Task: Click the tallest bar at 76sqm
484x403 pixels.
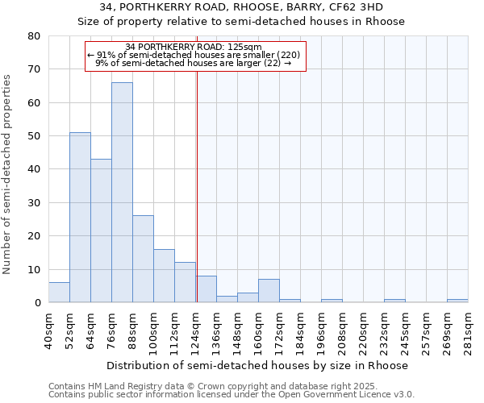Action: (x=122, y=193)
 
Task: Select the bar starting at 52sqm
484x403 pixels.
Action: (x=80, y=218)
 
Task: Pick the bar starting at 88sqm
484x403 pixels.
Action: (x=143, y=260)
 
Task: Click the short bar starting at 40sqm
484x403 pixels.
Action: (x=59, y=293)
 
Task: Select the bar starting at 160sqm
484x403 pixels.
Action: (x=269, y=291)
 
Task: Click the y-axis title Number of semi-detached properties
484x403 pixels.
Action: (x=8, y=173)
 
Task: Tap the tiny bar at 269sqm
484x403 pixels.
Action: (x=457, y=301)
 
